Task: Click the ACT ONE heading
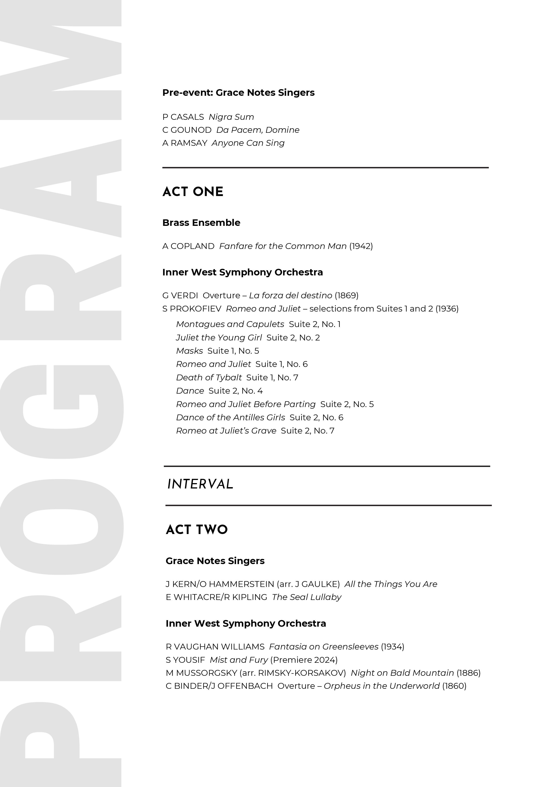point(193,192)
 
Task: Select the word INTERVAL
point(200,484)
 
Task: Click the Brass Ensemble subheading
point(201,223)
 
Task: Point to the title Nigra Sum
point(231,117)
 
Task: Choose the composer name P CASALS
point(183,117)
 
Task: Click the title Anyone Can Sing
point(248,143)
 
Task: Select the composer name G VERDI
point(180,295)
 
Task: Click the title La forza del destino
point(290,295)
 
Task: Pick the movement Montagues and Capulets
point(230,324)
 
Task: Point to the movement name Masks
point(189,351)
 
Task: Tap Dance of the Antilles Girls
point(230,417)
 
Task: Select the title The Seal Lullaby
point(306,597)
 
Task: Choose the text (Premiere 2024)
point(304,660)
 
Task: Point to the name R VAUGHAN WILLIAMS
point(215,647)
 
